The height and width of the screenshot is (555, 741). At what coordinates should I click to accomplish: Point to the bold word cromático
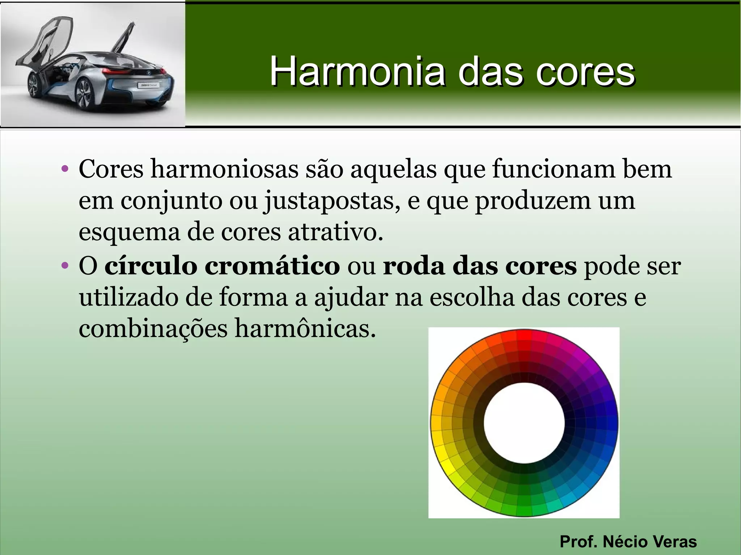point(272,266)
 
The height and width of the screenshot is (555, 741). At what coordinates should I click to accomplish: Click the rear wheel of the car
point(84,95)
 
